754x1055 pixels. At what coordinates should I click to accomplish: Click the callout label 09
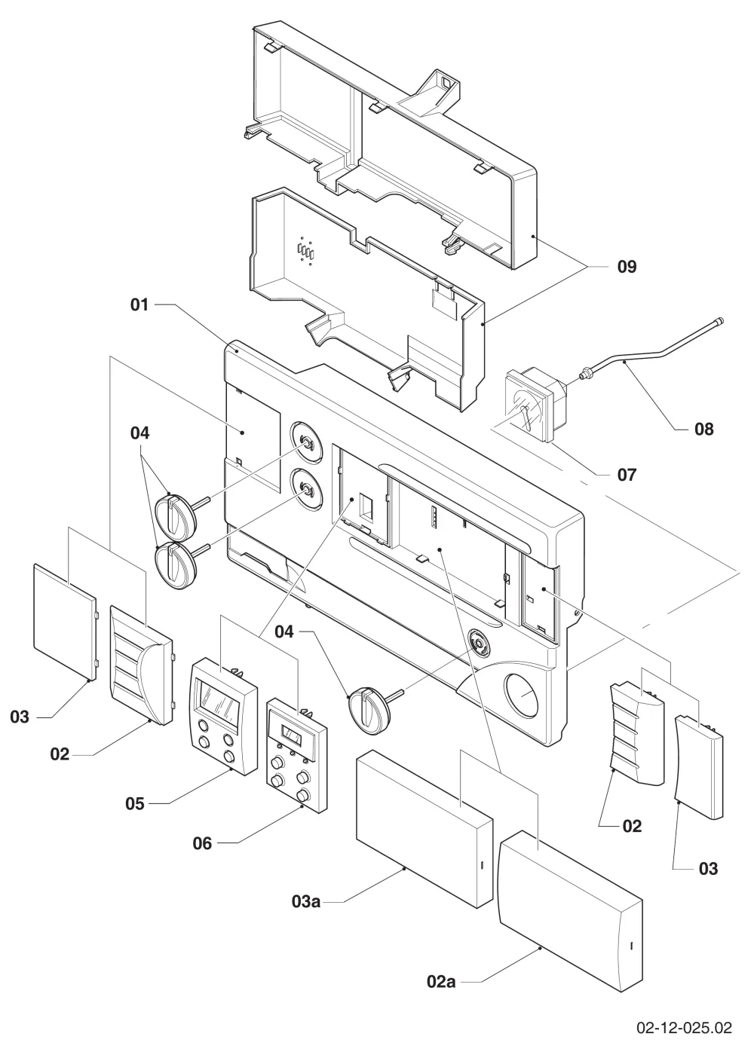click(x=627, y=267)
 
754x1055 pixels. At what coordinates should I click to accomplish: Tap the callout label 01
click(x=139, y=304)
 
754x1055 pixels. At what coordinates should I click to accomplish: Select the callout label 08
click(x=703, y=429)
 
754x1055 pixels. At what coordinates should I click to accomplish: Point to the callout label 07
click(x=627, y=475)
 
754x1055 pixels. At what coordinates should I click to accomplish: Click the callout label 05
click(x=135, y=803)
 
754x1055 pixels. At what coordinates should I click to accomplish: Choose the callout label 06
click(x=202, y=843)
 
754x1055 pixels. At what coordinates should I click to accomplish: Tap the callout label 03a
click(x=306, y=901)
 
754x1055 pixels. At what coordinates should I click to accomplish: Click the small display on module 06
click(x=293, y=735)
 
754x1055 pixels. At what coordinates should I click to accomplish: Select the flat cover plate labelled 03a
click(x=424, y=828)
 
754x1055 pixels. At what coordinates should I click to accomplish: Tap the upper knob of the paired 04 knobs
click(x=175, y=516)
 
